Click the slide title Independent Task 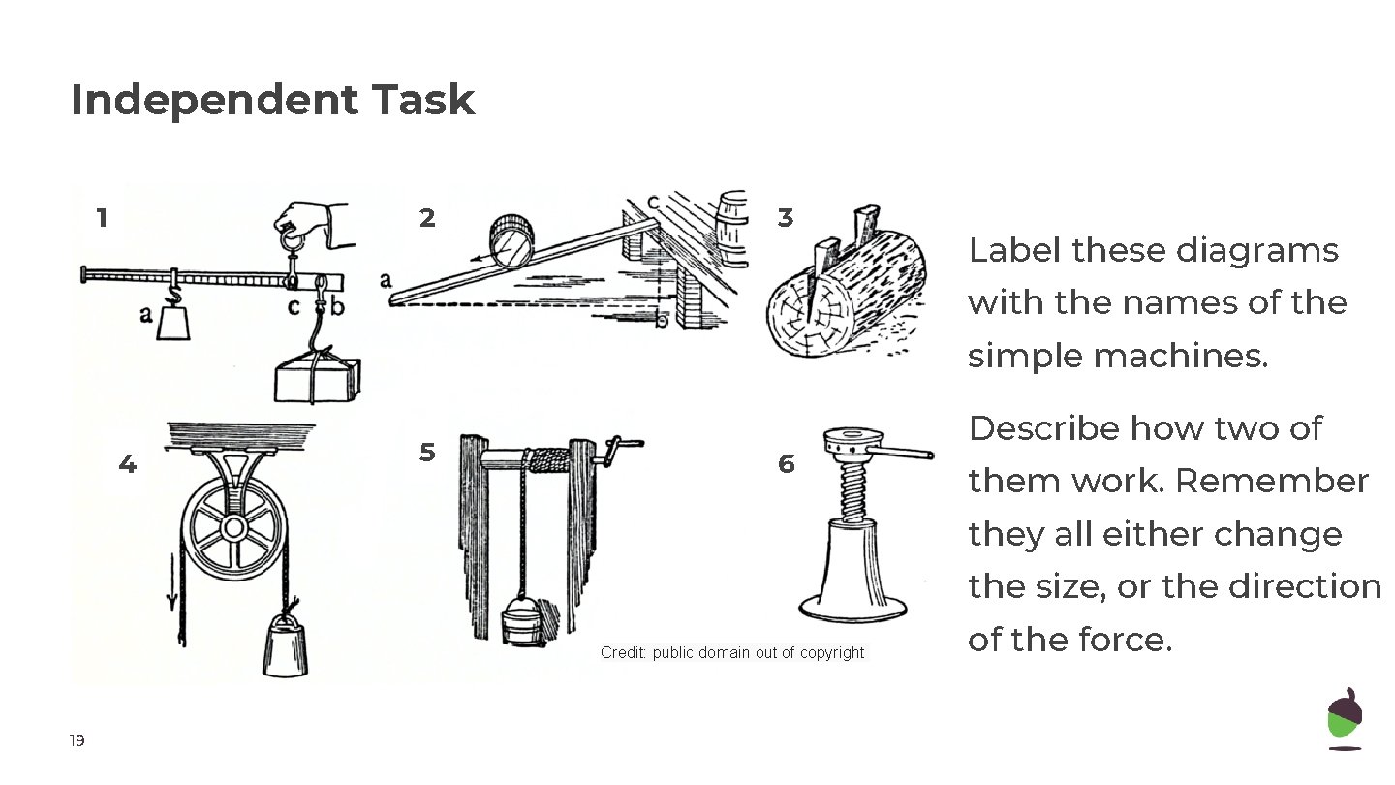272,101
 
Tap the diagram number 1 102,218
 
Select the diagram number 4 127,465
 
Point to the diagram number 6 786,465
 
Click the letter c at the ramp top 653,202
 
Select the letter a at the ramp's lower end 386,280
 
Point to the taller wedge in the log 864,227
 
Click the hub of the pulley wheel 233,528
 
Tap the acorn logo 1344,718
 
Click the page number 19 77,742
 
